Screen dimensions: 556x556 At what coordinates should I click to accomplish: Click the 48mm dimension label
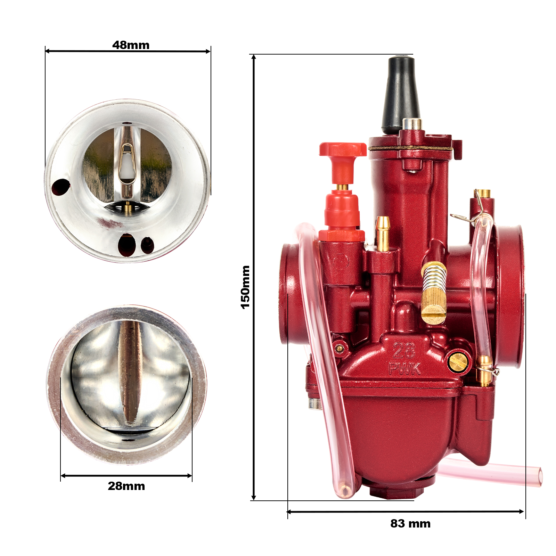click(x=131, y=45)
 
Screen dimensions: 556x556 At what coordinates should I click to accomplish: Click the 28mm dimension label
click(x=126, y=486)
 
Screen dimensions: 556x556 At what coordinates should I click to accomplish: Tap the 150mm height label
click(x=245, y=287)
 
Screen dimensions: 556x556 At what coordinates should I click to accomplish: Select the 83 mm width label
click(x=410, y=523)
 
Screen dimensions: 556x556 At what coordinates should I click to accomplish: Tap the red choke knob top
click(x=343, y=149)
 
